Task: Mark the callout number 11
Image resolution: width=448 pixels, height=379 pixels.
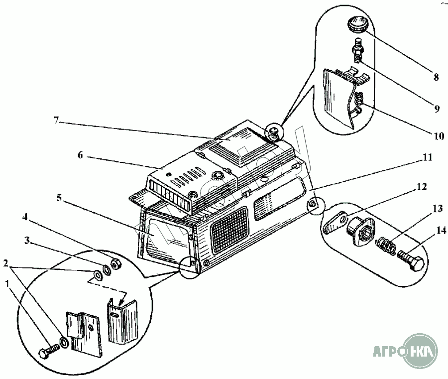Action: click(x=428, y=157)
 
